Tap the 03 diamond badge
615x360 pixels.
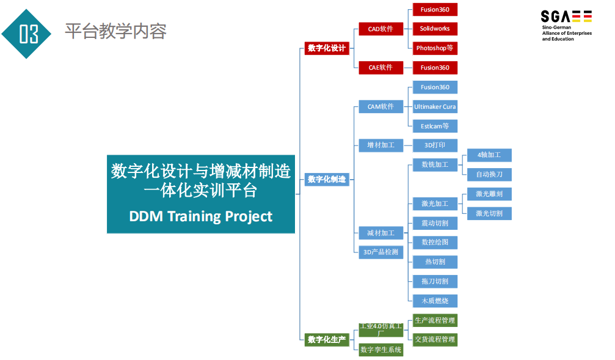point(28,34)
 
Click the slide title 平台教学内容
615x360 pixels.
point(115,31)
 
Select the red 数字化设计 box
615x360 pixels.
point(327,48)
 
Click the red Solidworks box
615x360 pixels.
point(435,29)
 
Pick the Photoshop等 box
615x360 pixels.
point(435,48)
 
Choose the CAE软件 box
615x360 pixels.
point(380,67)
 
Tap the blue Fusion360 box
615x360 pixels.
point(435,87)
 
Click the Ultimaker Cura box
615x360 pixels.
point(435,107)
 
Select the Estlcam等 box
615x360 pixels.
point(435,126)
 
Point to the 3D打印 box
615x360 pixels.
point(435,145)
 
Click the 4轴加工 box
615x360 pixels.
point(489,155)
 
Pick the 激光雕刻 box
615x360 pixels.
point(489,194)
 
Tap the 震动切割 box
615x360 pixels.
point(435,223)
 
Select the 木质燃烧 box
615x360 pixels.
point(435,301)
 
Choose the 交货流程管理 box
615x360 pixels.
point(435,339)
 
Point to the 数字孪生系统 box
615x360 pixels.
point(380,350)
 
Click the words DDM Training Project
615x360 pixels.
point(201,216)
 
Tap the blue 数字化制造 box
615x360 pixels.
point(327,180)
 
